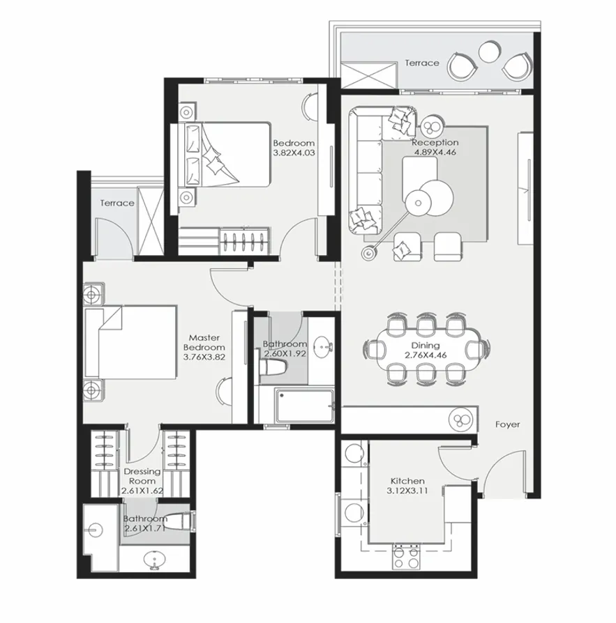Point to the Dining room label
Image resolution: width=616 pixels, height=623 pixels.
pyautogui.click(x=425, y=345)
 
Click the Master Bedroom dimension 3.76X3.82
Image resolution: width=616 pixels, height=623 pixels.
pyautogui.click(x=204, y=357)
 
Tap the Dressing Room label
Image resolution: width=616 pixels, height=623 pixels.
pyautogui.click(x=142, y=476)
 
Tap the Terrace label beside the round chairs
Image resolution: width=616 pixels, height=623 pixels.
pyautogui.click(x=422, y=63)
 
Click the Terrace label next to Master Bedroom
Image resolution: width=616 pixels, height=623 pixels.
pyautogui.click(x=117, y=203)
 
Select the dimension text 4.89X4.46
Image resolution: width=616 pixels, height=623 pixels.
pyautogui.click(x=435, y=153)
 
